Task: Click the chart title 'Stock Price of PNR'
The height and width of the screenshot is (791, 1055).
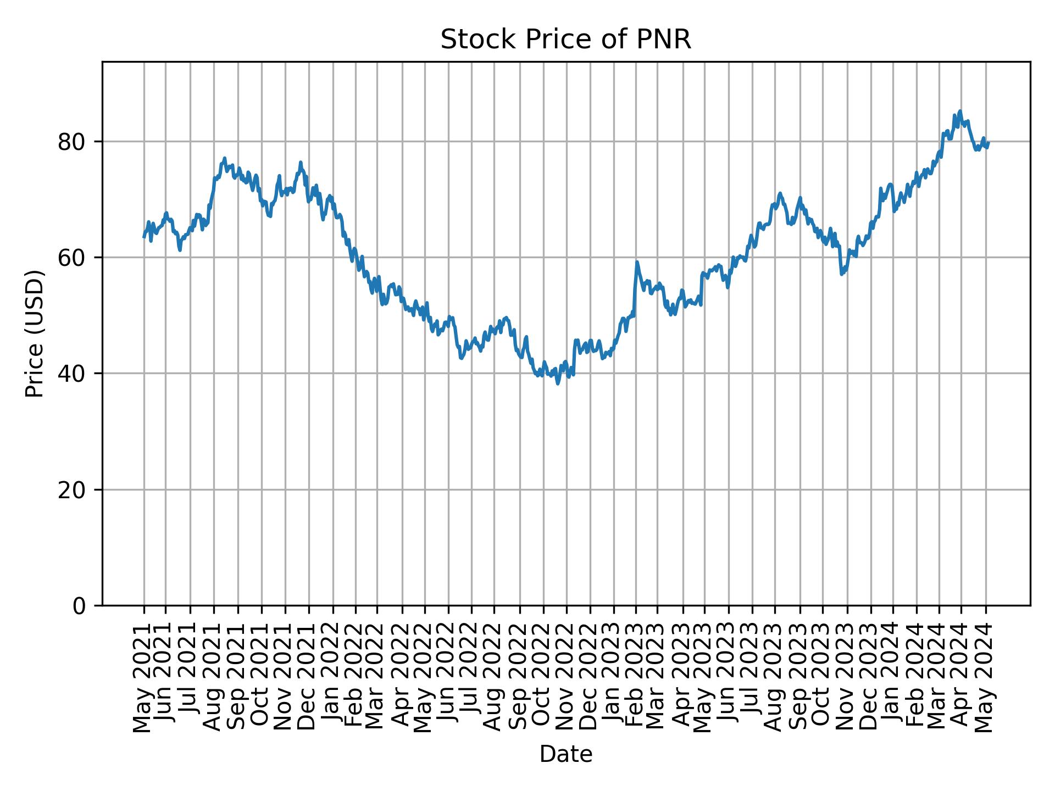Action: click(565, 40)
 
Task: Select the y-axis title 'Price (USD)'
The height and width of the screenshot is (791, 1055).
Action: click(35, 333)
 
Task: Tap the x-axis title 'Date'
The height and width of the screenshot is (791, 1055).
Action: click(565, 755)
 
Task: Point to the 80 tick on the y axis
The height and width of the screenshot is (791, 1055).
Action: click(72, 142)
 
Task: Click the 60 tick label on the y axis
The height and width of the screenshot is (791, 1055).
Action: click(72, 258)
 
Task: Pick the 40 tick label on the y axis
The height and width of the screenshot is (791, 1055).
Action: click(72, 374)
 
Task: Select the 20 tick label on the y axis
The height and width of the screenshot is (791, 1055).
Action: click(72, 489)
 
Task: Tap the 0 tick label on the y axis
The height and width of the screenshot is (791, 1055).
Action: click(79, 605)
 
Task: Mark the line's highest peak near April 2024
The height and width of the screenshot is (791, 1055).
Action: click(960, 111)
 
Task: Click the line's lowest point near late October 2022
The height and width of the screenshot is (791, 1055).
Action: click(558, 383)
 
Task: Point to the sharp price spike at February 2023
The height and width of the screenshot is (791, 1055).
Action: click(637, 262)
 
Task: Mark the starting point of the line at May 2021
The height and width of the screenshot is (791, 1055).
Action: click(144, 237)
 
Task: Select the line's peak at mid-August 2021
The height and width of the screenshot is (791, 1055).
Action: click(224, 158)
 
